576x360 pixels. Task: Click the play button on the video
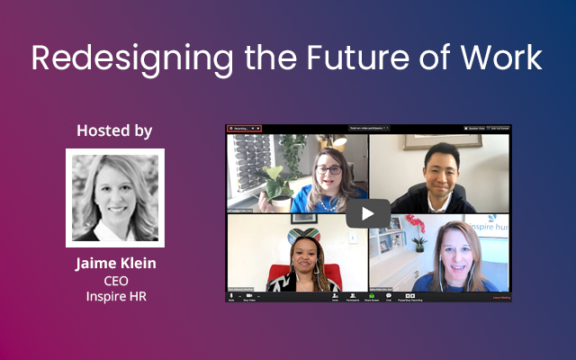tap(368, 213)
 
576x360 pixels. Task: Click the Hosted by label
tap(114, 131)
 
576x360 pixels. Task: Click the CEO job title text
tap(114, 281)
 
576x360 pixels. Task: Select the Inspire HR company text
tap(114, 296)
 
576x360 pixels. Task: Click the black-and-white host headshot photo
tap(114, 198)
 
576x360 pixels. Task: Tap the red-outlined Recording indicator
tap(244, 129)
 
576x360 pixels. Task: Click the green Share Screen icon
tap(370, 296)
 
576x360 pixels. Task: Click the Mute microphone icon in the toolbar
tap(231, 296)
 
